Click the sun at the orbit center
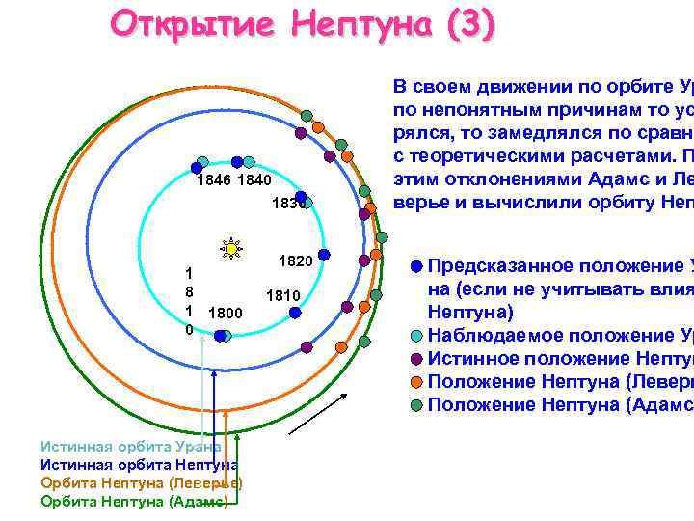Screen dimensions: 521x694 pyautogui.click(x=231, y=249)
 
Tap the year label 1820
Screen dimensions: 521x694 pyautogui.click(x=294, y=261)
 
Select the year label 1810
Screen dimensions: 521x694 pyautogui.click(x=283, y=295)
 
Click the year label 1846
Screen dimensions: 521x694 pyautogui.click(x=214, y=181)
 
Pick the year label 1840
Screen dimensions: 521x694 pyautogui.click(x=254, y=181)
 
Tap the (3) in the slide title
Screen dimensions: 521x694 pyautogui.click(x=469, y=23)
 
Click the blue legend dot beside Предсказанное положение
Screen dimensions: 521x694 pyautogui.click(x=414, y=266)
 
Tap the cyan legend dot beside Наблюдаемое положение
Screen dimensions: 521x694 pyautogui.click(x=414, y=336)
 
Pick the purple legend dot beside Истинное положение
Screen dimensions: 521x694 pyautogui.click(x=414, y=359)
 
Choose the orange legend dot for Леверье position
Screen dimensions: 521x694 pyautogui.click(x=414, y=382)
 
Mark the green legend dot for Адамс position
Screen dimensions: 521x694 pyautogui.click(x=414, y=405)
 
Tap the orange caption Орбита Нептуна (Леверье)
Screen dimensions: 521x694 pyautogui.click(x=141, y=483)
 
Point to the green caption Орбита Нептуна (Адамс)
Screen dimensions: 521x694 pyautogui.click(x=134, y=502)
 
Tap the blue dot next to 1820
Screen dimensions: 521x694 pyautogui.click(x=325, y=255)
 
